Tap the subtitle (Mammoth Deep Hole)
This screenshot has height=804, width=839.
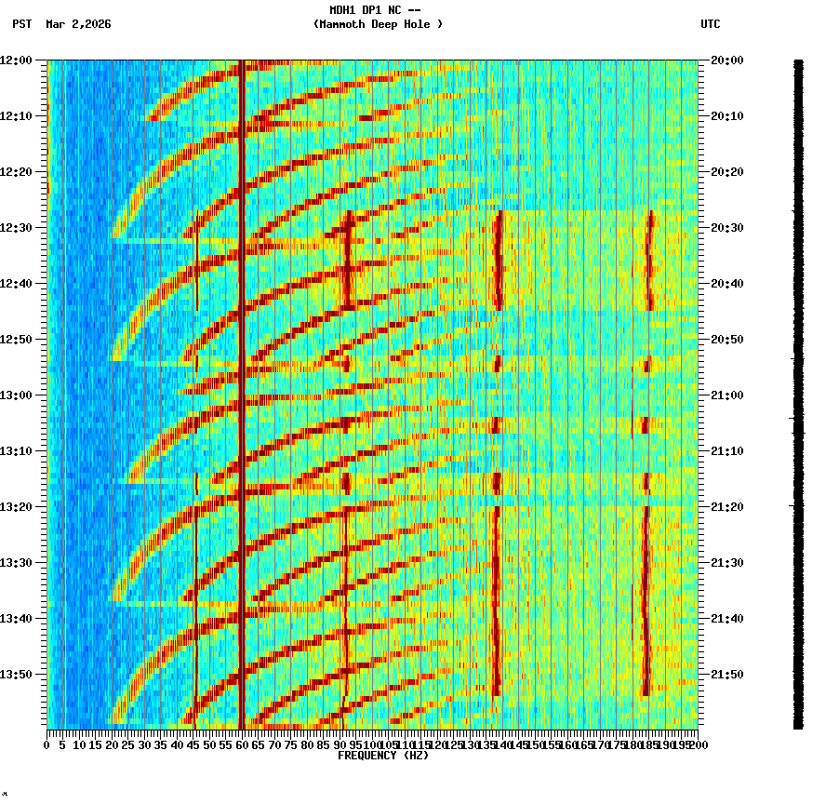pyautogui.click(x=378, y=24)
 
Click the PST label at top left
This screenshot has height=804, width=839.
pyautogui.click(x=21, y=24)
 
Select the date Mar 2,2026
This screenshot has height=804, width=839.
pyautogui.click(x=78, y=24)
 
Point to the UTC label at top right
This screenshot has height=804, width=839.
pyautogui.click(x=710, y=24)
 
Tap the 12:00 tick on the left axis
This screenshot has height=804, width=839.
pyautogui.click(x=17, y=60)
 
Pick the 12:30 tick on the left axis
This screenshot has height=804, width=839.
pyautogui.click(x=17, y=228)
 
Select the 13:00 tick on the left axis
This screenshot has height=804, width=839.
pyautogui.click(x=17, y=395)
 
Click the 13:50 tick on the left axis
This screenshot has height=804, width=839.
pyautogui.click(x=17, y=675)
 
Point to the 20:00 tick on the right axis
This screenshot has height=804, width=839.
pyautogui.click(x=725, y=60)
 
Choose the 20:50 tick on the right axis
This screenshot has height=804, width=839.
pyautogui.click(x=725, y=340)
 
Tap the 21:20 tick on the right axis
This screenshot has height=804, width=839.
pyautogui.click(x=725, y=507)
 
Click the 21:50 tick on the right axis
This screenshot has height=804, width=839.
pyautogui.click(x=725, y=675)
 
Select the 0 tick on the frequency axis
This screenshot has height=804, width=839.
pyautogui.click(x=47, y=744)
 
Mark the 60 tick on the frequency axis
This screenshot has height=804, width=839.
pyautogui.click(x=242, y=744)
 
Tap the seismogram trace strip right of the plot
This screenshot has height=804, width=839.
pyautogui.click(x=798, y=391)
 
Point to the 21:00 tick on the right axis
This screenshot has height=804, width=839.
pyautogui.click(x=725, y=395)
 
